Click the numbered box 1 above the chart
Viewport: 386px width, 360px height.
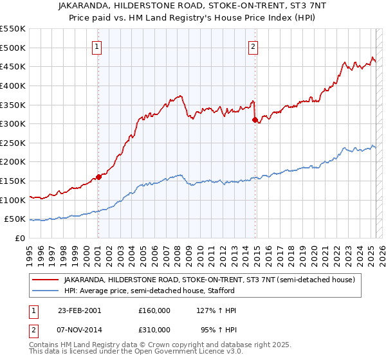pyautogui.click(x=96, y=46)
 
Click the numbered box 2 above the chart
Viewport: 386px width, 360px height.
pyautogui.click(x=253, y=46)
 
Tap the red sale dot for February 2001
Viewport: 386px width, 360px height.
pyautogui.click(x=98, y=177)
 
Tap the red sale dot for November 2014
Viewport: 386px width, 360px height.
pyautogui.click(x=255, y=120)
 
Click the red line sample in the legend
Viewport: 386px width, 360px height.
pyautogui.click(x=45, y=280)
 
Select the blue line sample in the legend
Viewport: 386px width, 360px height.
pyautogui.click(x=45, y=291)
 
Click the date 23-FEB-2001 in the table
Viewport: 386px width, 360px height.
pyautogui.click(x=80, y=310)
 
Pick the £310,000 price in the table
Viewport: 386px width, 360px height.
pyautogui.click(x=154, y=331)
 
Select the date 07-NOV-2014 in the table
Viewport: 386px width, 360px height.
pyautogui.click(x=80, y=331)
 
